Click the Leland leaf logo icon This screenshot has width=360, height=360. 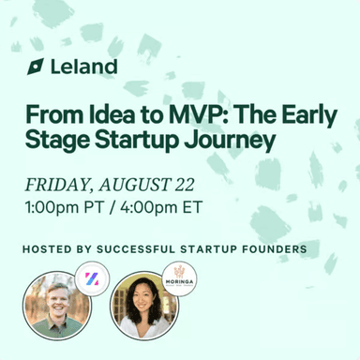click(36, 67)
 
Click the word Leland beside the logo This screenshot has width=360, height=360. click(84, 67)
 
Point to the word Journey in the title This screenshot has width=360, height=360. click(236, 141)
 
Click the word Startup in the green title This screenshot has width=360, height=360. click(158, 141)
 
